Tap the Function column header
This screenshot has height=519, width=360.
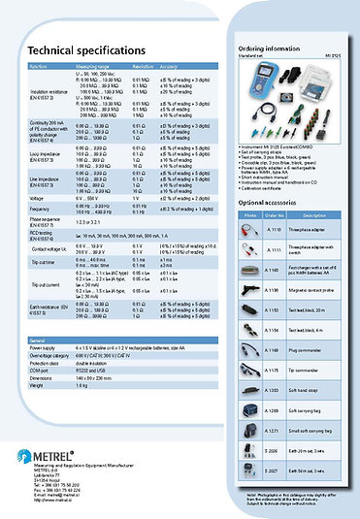point(38,66)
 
